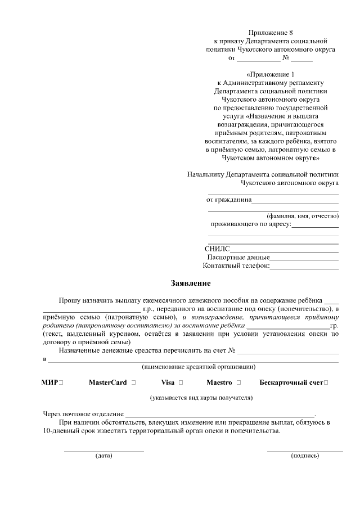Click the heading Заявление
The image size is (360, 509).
191,283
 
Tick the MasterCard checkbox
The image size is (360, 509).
133,382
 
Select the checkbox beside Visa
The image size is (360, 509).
181,382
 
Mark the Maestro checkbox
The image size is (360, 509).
239,382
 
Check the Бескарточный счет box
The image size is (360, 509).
327,382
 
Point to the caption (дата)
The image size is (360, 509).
104,456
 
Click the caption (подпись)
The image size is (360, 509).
305,456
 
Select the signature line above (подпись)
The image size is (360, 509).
305,451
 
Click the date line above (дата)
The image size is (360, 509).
104,451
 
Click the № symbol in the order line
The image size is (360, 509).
286,58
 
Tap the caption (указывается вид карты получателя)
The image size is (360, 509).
201,398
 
